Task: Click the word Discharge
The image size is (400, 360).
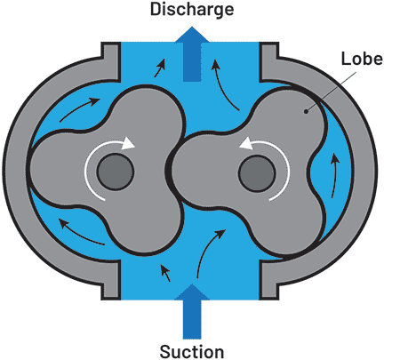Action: point(192,10)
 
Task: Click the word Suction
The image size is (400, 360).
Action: point(192,351)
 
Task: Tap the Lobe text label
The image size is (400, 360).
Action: point(362,59)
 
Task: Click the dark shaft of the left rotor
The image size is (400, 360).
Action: point(116,172)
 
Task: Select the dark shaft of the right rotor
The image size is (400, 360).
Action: point(257,173)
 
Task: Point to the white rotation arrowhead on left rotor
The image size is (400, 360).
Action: point(128,143)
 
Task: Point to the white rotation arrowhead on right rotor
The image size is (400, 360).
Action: point(246,144)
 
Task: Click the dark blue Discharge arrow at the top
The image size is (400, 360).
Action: point(192,54)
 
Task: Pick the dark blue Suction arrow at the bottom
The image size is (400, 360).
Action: point(192,311)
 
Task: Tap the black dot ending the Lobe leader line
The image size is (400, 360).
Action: point(307,111)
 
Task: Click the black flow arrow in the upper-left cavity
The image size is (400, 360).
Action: point(78,108)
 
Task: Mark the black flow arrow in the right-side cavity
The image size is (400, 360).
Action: point(335,175)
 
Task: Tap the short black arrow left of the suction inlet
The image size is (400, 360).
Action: point(165,273)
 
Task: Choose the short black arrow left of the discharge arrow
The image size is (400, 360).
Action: point(160,68)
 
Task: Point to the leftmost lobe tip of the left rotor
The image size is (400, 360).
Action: point(28,167)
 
